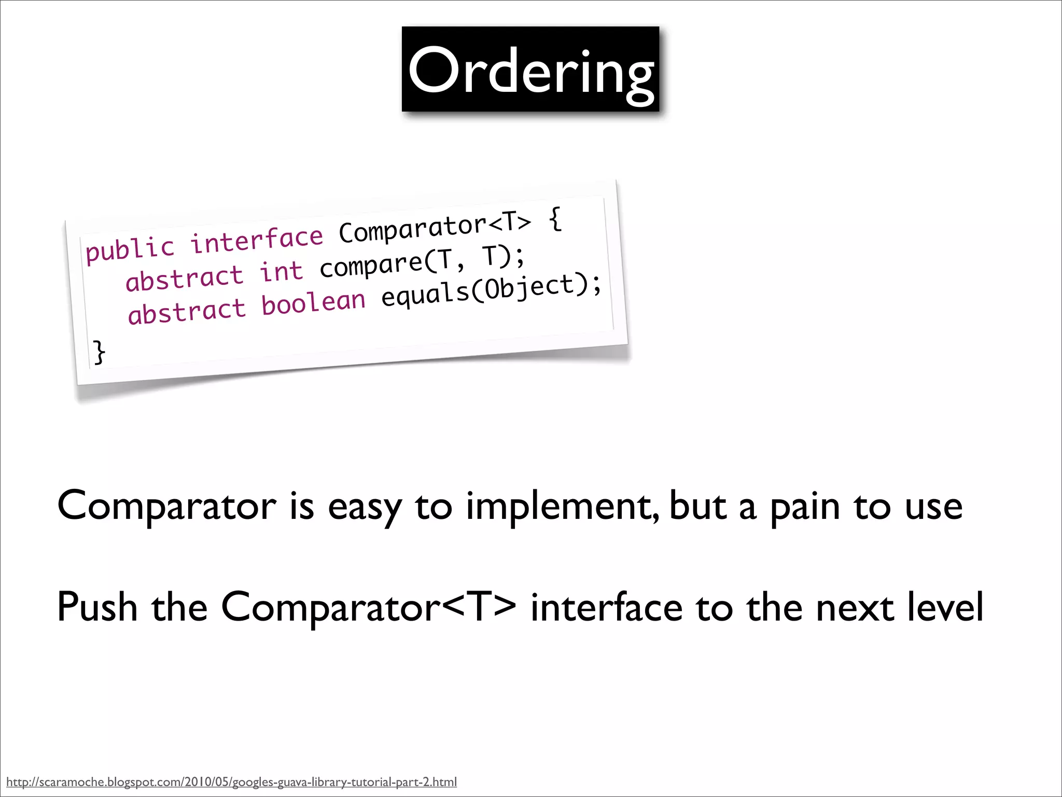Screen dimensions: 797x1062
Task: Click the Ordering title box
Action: (x=530, y=69)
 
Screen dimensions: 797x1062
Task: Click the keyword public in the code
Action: (x=130, y=249)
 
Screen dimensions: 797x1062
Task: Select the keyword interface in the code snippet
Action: (x=257, y=239)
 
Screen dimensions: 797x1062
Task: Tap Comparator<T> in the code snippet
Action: (x=435, y=227)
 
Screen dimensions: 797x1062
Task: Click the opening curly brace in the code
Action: (x=555, y=219)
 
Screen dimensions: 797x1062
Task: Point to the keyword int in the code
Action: (x=281, y=271)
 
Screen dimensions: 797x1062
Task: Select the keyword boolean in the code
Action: (x=313, y=303)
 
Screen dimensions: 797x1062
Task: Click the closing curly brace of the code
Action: (x=99, y=352)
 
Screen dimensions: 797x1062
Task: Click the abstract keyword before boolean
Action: (x=187, y=312)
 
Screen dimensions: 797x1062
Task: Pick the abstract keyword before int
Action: (x=184, y=279)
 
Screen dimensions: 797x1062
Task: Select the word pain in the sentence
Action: (x=804, y=507)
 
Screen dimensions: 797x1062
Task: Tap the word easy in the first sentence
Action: (x=365, y=507)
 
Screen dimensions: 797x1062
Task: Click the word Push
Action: (x=97, y=607)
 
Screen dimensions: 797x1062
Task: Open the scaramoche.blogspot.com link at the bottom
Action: (x=231, y=782)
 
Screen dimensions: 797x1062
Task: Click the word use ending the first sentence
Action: (x=933, y=507)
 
